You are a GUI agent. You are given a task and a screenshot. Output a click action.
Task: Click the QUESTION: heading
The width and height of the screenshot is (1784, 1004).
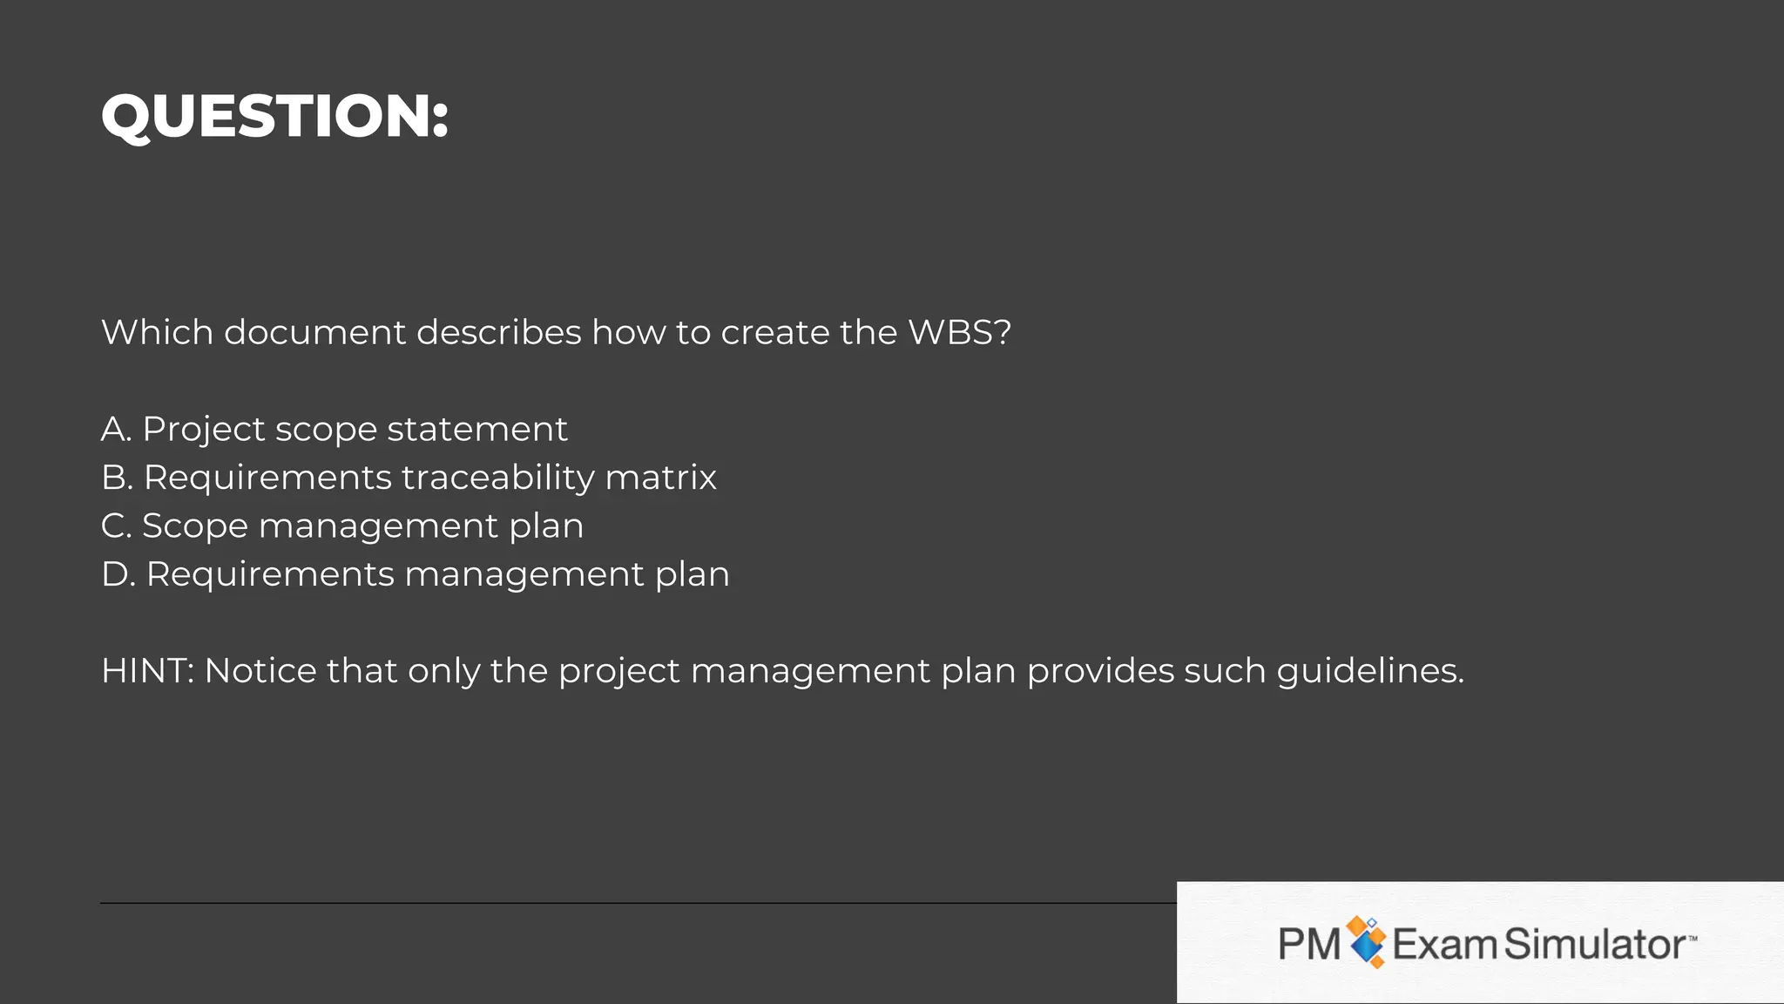274,116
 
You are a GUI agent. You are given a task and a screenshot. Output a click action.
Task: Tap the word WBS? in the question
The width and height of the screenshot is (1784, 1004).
959,332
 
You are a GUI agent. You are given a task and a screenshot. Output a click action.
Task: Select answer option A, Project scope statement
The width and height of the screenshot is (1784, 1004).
334,429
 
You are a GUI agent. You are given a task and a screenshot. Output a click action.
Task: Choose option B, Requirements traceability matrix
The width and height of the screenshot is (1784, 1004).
409,478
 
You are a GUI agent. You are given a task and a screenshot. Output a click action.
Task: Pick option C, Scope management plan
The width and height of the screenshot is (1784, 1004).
342,526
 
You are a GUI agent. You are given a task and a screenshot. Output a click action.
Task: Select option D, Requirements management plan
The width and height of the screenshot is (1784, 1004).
415,574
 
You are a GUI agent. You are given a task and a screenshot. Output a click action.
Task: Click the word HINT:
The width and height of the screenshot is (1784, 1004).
148,671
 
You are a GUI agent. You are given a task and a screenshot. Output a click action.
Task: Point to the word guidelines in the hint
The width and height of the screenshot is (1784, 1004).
1369,671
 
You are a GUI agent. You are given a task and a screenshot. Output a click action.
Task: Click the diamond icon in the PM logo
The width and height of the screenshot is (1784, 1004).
1366,942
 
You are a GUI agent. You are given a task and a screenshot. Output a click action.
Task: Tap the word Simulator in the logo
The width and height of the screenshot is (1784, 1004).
1595,944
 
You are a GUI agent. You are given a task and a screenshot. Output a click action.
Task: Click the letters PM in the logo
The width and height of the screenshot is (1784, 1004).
1308,944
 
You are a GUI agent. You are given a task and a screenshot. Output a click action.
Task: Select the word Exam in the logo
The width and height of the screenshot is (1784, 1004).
1443,944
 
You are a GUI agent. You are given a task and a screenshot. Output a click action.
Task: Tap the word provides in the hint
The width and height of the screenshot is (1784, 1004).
1100,671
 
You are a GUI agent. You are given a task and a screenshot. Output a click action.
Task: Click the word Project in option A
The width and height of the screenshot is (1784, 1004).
203,429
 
